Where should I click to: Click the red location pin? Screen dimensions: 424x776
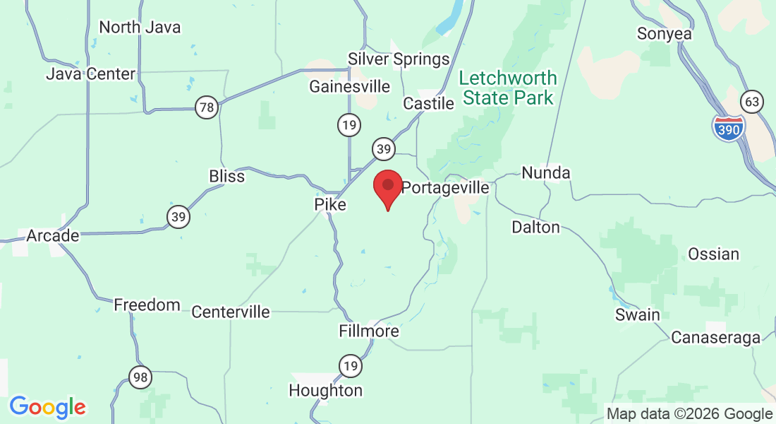(387, 188)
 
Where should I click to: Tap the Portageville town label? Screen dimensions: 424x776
(445, 188)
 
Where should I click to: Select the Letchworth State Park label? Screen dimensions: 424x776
(508, 88)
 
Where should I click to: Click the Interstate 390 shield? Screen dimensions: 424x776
(727, 128)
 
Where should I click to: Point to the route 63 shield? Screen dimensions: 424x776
(753, 102)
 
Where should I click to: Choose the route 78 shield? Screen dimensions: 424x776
(207, 108)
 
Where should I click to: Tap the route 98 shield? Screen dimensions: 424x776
(140, 378)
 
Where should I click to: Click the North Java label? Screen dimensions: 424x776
(140, 28)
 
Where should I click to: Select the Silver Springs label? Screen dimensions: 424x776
(399, 59)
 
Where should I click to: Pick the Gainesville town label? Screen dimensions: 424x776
(350, 86)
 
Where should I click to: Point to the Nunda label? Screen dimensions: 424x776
(546, 172)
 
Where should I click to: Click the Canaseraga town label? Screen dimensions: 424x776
(715, 338)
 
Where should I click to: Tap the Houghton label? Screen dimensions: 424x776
(326, 390)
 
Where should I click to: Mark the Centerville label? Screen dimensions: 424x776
(231, 312)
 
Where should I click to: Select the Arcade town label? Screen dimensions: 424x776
(53, 235)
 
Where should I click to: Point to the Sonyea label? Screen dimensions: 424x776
(664, 33)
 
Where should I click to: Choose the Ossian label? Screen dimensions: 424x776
(714, 254)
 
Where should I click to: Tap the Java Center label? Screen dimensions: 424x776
(90, 73)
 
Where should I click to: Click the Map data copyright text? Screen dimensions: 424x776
(689, 414)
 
